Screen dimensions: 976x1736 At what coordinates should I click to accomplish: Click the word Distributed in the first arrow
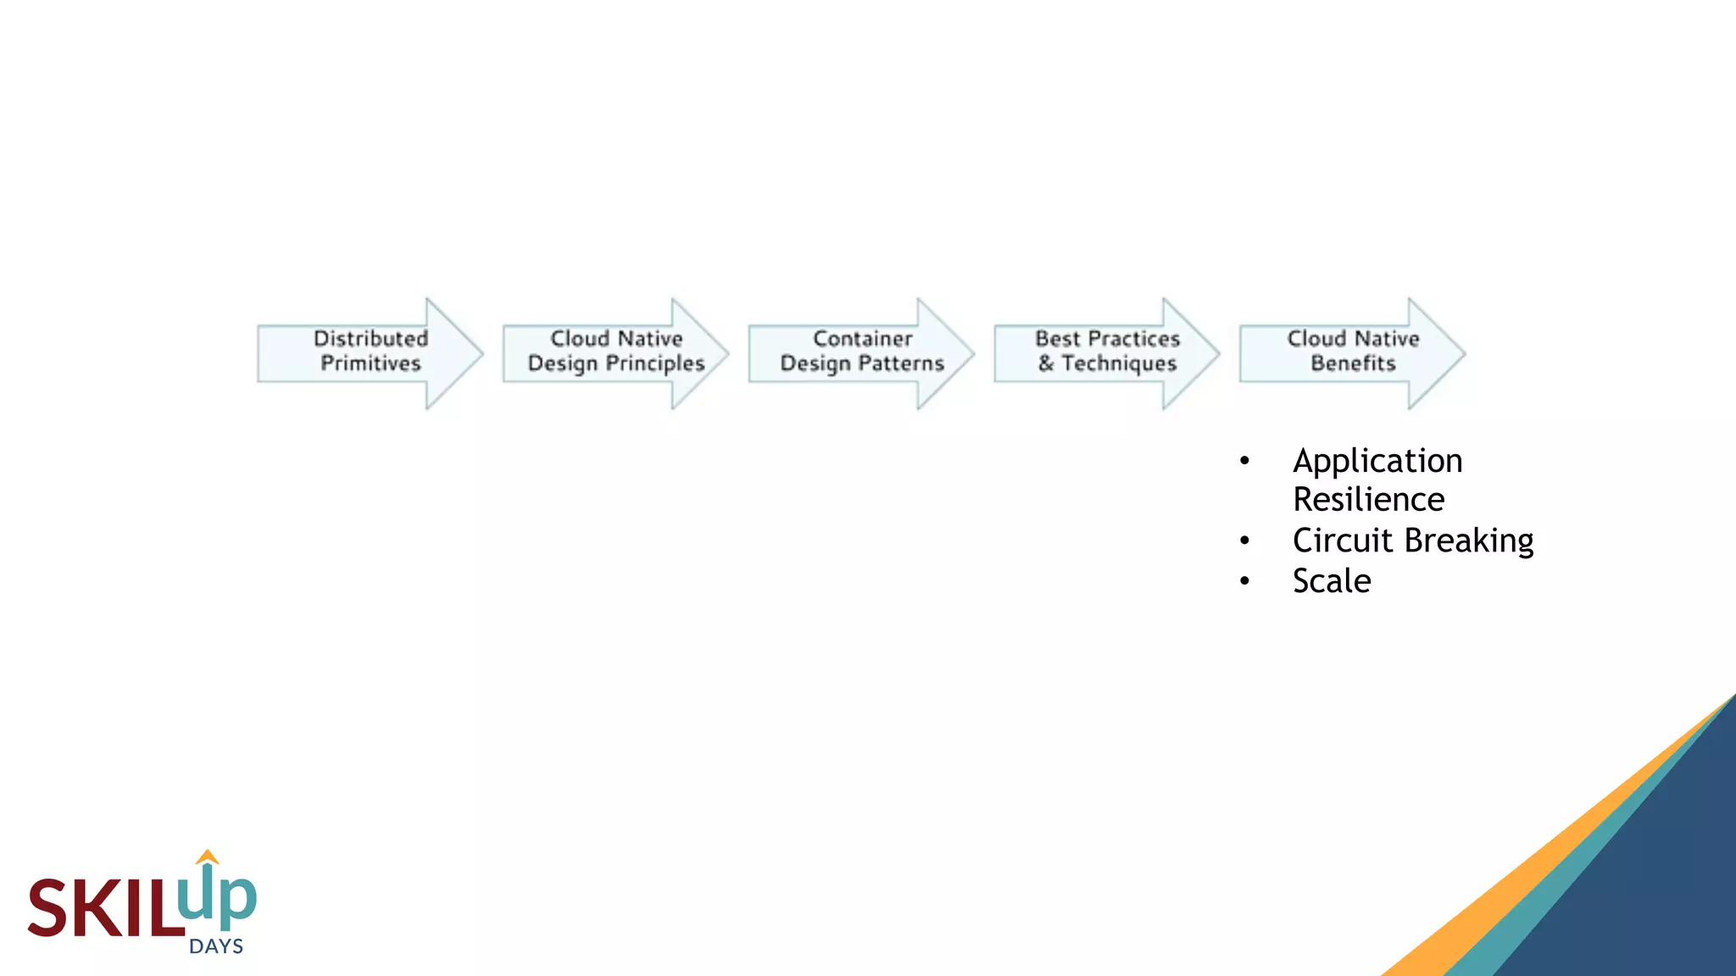(x=370, y=338)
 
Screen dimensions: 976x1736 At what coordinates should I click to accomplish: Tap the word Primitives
(x=370, y=363)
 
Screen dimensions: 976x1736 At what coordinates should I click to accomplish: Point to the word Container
(x=862, y=338)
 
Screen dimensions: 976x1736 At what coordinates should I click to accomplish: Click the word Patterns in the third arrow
(x=902, y=363)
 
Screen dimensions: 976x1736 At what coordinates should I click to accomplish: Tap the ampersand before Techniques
(x=1046, y=363)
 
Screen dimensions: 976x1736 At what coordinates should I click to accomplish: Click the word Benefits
(x=1353, y=363)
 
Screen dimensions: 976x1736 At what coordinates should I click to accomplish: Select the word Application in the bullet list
(x=1377, y=462)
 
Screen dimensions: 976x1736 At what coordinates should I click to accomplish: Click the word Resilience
(x=1368, y=500)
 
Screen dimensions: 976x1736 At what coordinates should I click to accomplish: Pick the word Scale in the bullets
(x=1332, y=581)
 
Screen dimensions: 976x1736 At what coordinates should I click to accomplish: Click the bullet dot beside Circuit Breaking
(x=1244, y=541)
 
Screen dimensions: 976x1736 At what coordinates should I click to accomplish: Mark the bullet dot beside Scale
(x=1244, y=581)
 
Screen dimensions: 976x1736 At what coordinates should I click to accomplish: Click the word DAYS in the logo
(x=216, y=946)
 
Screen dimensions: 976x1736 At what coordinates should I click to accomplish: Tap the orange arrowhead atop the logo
(x=208, y=857)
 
